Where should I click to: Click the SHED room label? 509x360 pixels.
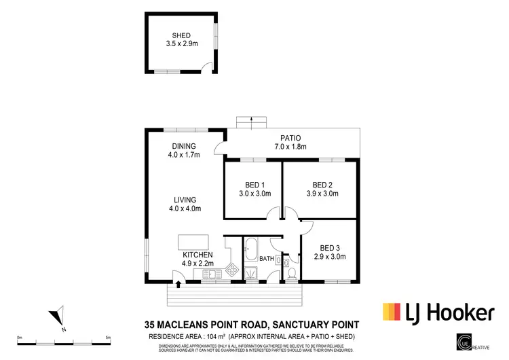click(181, 35)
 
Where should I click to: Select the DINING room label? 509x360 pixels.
click(184, 146)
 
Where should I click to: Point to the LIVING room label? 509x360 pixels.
click(184, 200)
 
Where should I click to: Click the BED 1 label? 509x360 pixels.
click(254, 185)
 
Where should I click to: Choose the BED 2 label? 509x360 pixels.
click(322, 185)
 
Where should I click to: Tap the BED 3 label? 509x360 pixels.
click(329, 248)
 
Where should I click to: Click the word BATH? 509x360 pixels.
click(267, 259)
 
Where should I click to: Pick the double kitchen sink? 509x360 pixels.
click(210, 273)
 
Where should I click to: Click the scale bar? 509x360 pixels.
click(64, 340)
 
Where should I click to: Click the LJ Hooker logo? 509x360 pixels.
click(438, 312)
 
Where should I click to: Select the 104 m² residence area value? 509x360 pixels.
click(216, 337)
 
